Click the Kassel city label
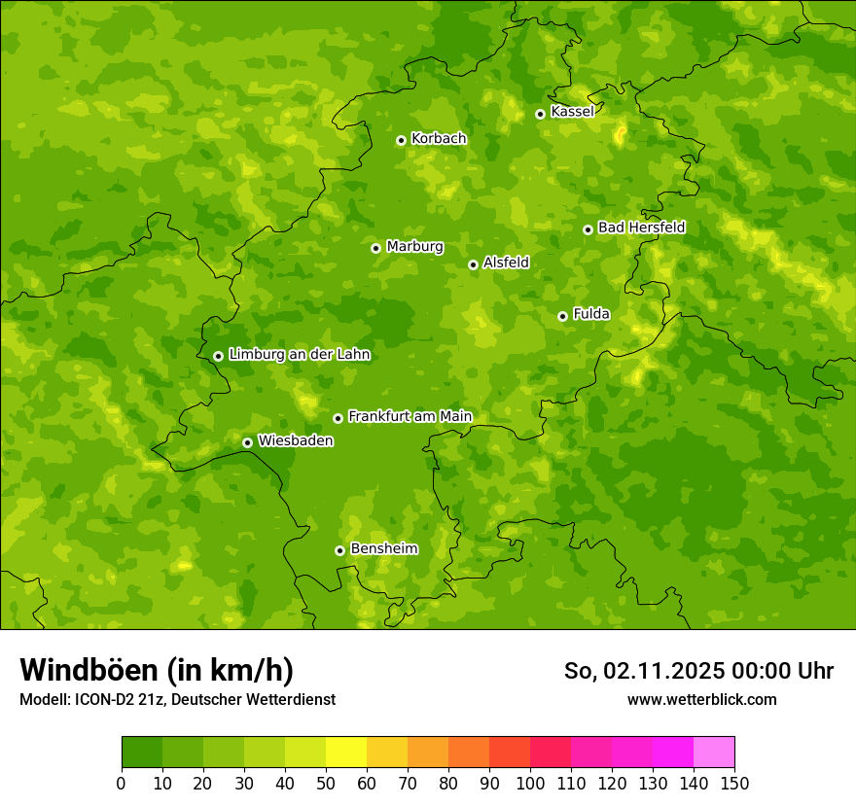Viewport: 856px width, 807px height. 572,112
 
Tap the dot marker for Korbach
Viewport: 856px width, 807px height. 401,140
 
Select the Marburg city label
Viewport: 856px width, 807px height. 414,247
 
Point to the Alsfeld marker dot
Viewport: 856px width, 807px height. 473,264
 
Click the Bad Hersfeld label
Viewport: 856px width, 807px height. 641,228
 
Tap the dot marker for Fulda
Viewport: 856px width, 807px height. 562,316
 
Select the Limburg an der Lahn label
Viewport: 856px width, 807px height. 299,355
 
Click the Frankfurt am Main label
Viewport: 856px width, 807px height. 410,416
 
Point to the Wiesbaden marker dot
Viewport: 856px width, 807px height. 247,442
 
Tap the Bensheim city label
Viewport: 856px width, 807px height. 383,548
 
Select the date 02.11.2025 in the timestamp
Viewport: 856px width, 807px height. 661,671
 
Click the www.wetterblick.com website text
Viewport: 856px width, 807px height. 701,699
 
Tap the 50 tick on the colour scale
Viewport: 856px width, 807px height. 325,783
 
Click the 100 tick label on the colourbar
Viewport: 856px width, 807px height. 529,783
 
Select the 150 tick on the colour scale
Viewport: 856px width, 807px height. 733,783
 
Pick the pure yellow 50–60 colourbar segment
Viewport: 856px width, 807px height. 345,753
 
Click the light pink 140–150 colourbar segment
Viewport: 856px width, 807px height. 713,753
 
